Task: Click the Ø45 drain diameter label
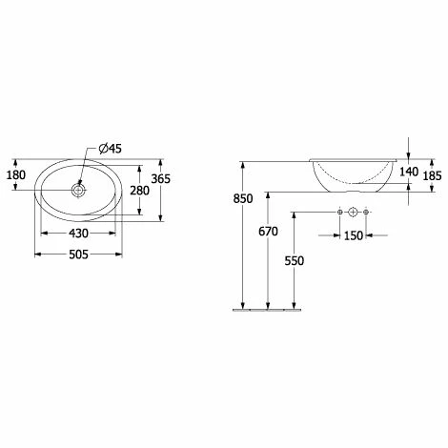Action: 110,149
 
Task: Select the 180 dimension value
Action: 16,175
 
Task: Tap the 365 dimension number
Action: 161,179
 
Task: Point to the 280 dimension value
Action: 139,191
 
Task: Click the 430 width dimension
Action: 78,234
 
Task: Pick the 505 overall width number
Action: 78,255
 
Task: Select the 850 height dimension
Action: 243,198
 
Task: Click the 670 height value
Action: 268,232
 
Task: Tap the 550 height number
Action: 295,261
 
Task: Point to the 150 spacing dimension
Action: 354,235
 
